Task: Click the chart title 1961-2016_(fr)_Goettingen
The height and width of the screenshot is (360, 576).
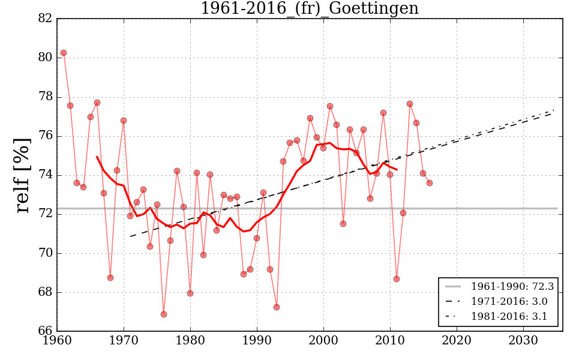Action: tap(309, 9)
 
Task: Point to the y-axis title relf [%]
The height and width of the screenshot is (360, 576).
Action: tap(23, 175)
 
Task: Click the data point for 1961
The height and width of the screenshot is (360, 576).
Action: tap(64, 53)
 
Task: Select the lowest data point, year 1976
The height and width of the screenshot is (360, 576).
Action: tap(164, 314)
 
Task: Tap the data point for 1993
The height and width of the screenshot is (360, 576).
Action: tap(277, 307)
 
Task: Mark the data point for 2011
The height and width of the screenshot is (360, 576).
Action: tap(397, 279)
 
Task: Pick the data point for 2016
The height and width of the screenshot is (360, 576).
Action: tap(430, 183)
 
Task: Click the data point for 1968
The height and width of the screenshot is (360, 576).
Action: tap(110, 278)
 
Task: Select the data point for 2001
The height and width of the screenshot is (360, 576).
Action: tap(330, 106)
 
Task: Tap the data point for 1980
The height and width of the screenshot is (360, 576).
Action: tap(190, 293)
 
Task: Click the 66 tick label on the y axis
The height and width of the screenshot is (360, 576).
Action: tap(44, 332)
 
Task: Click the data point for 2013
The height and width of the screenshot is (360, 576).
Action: tap(410, 104)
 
